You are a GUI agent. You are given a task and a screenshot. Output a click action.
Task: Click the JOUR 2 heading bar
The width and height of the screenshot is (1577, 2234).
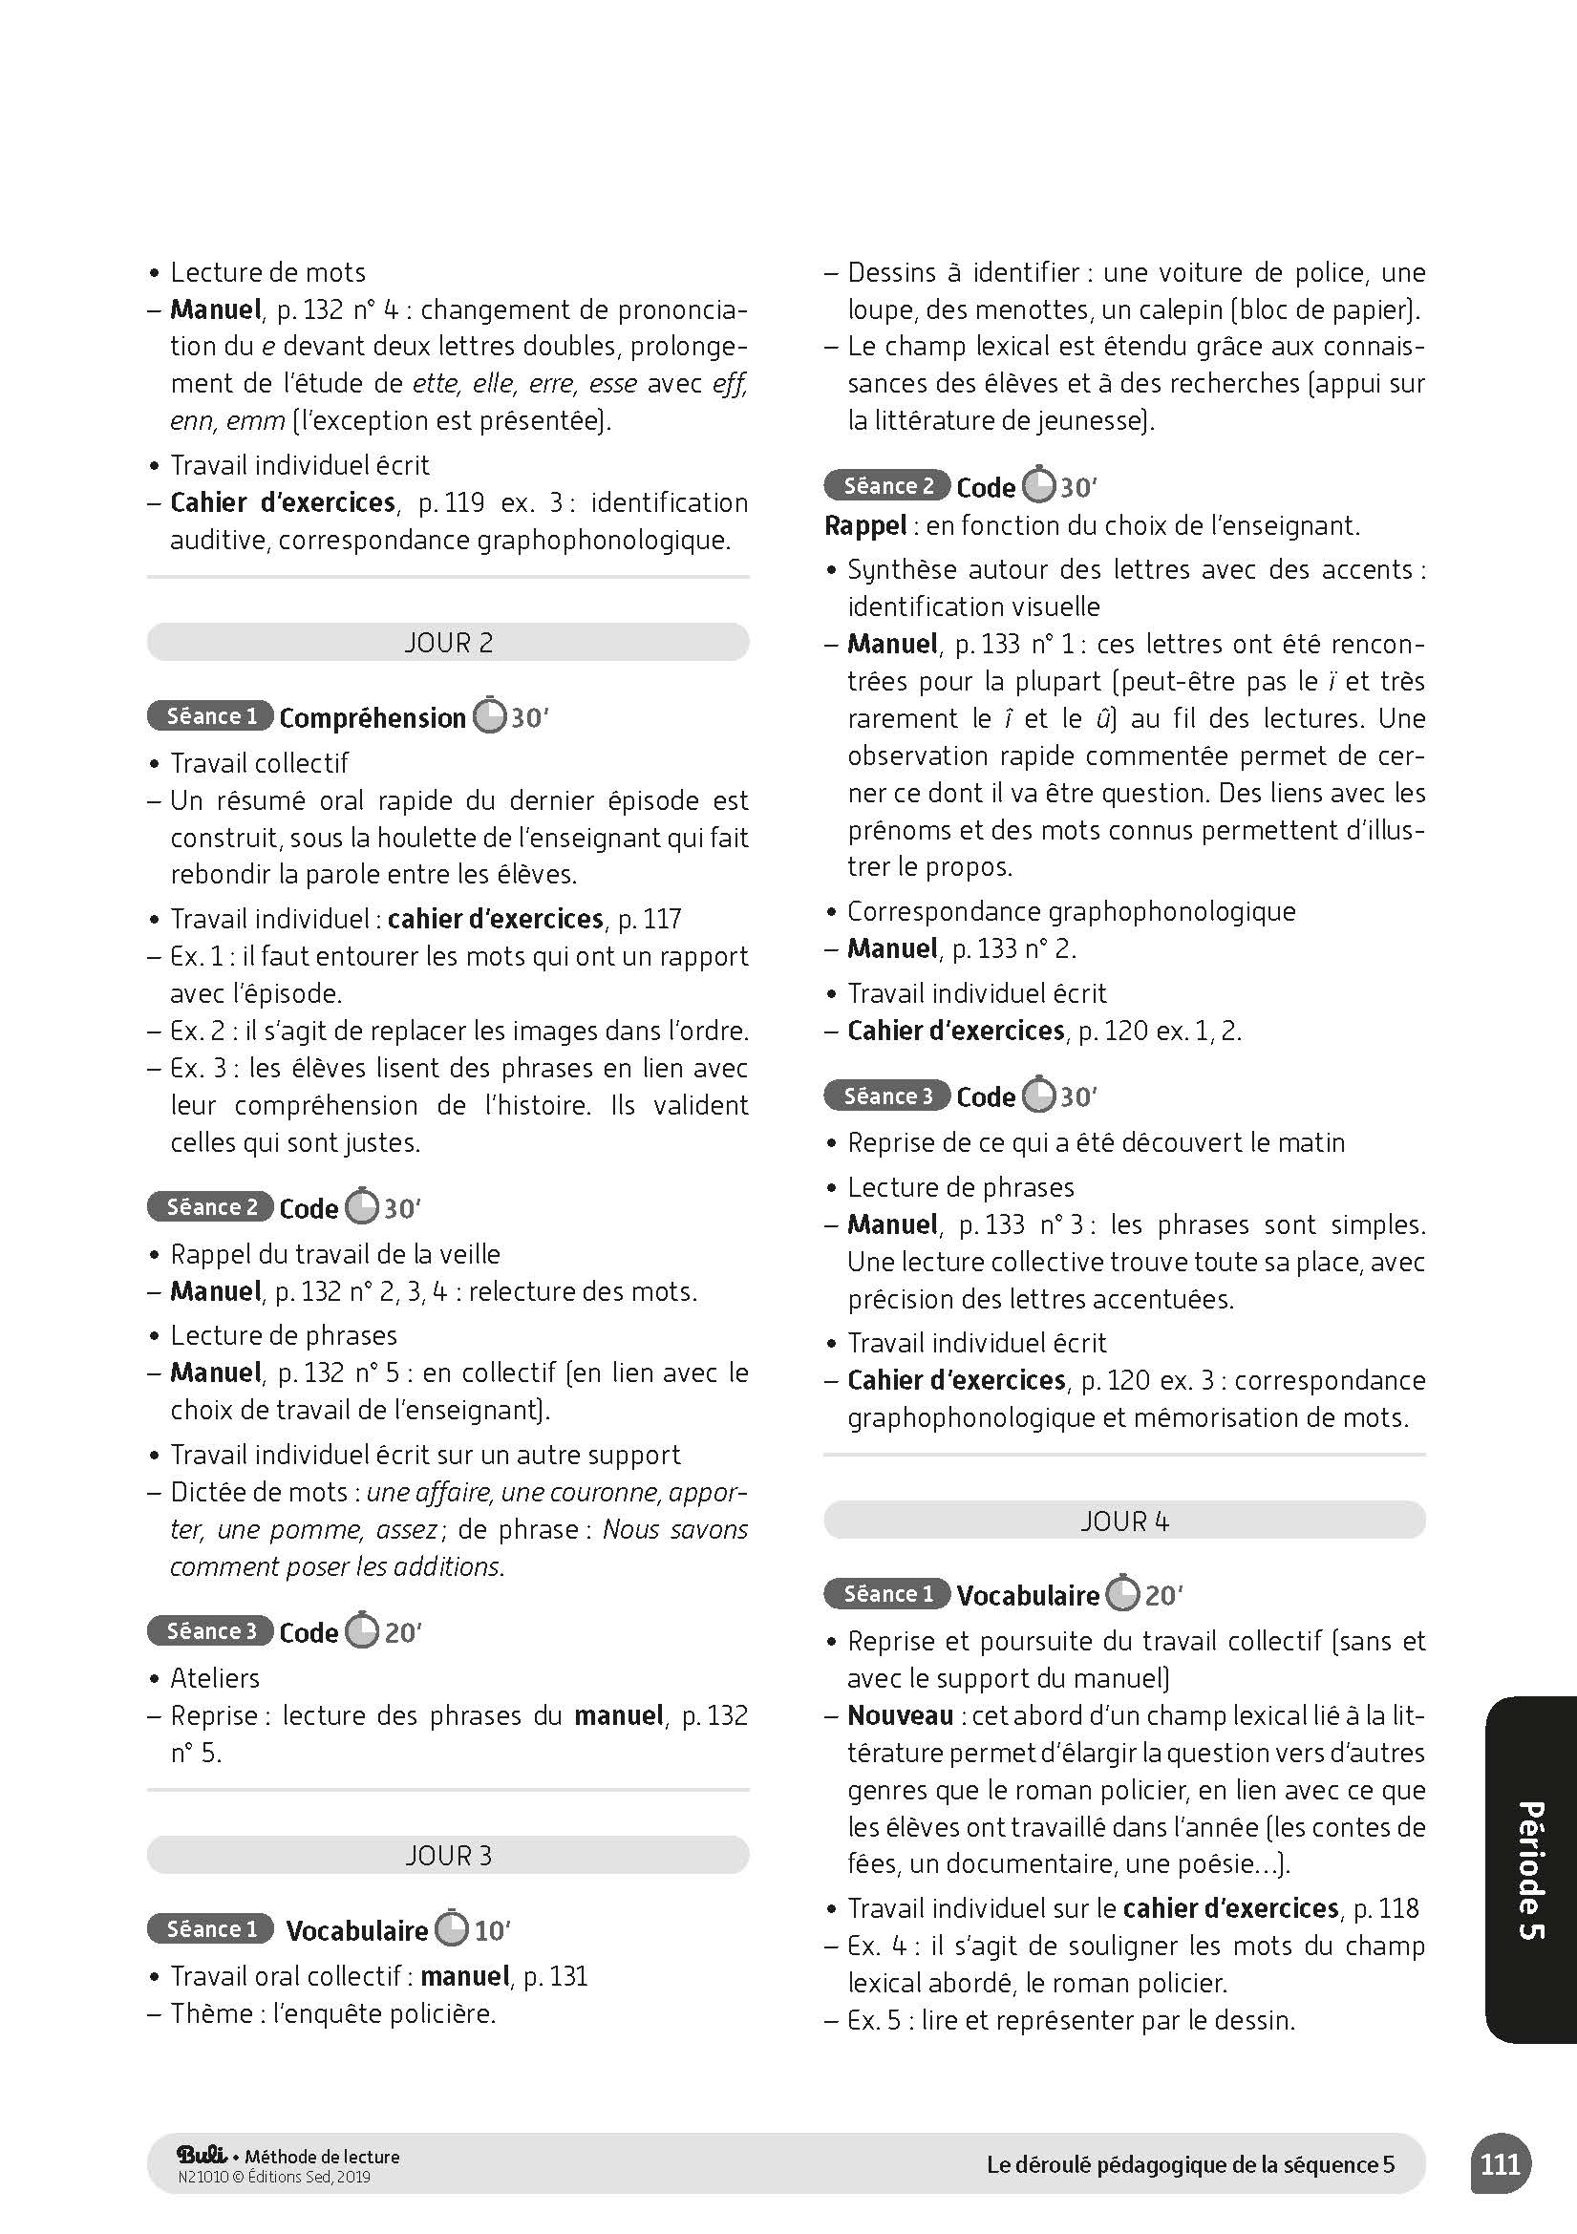point(448,642)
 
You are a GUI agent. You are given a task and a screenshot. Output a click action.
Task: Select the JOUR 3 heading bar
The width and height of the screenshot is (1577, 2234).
point(448,1856)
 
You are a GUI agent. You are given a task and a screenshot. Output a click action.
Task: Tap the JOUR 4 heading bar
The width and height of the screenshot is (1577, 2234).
point(1123,1520)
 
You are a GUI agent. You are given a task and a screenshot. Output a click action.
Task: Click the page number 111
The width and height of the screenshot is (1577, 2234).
point(1501,2165)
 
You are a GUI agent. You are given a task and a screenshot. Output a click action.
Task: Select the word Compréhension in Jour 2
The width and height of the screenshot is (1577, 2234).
point(372,718)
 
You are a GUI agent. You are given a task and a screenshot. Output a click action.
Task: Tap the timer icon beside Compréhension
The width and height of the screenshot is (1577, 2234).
point(489,716)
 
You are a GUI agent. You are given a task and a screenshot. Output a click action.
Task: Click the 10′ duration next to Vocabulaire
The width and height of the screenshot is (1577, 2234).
point(492,1930)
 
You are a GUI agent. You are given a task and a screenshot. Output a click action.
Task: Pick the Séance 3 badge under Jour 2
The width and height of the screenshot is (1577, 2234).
point(210,1630)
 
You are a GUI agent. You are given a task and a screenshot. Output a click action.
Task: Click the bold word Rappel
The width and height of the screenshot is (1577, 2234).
point(864,525)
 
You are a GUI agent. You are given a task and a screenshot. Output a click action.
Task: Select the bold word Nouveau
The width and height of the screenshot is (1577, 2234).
point(900,1715)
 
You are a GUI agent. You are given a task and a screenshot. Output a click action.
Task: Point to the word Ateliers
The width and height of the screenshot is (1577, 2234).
point(215,1677)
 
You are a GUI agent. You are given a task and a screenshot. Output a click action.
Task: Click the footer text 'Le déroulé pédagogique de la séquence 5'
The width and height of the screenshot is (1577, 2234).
point(1190,2165)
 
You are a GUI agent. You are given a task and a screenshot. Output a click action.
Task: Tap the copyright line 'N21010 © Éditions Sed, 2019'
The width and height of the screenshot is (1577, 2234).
point(274,2178)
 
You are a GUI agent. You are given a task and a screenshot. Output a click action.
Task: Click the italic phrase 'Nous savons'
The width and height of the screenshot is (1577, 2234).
point(674,1528)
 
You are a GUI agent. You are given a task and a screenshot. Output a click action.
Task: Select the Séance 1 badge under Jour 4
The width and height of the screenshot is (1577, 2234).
point(887,1594)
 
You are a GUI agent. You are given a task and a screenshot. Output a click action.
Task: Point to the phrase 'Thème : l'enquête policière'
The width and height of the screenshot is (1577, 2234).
point(332,2013)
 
